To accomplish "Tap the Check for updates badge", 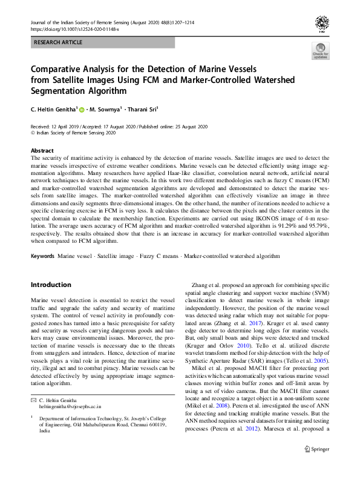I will (321, 51).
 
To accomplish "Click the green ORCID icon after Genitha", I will (82, 110).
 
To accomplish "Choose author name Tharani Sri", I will (140, 110).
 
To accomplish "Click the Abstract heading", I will (42, 150).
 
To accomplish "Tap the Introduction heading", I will (51, 285).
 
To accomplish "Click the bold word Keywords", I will (43, 256).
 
